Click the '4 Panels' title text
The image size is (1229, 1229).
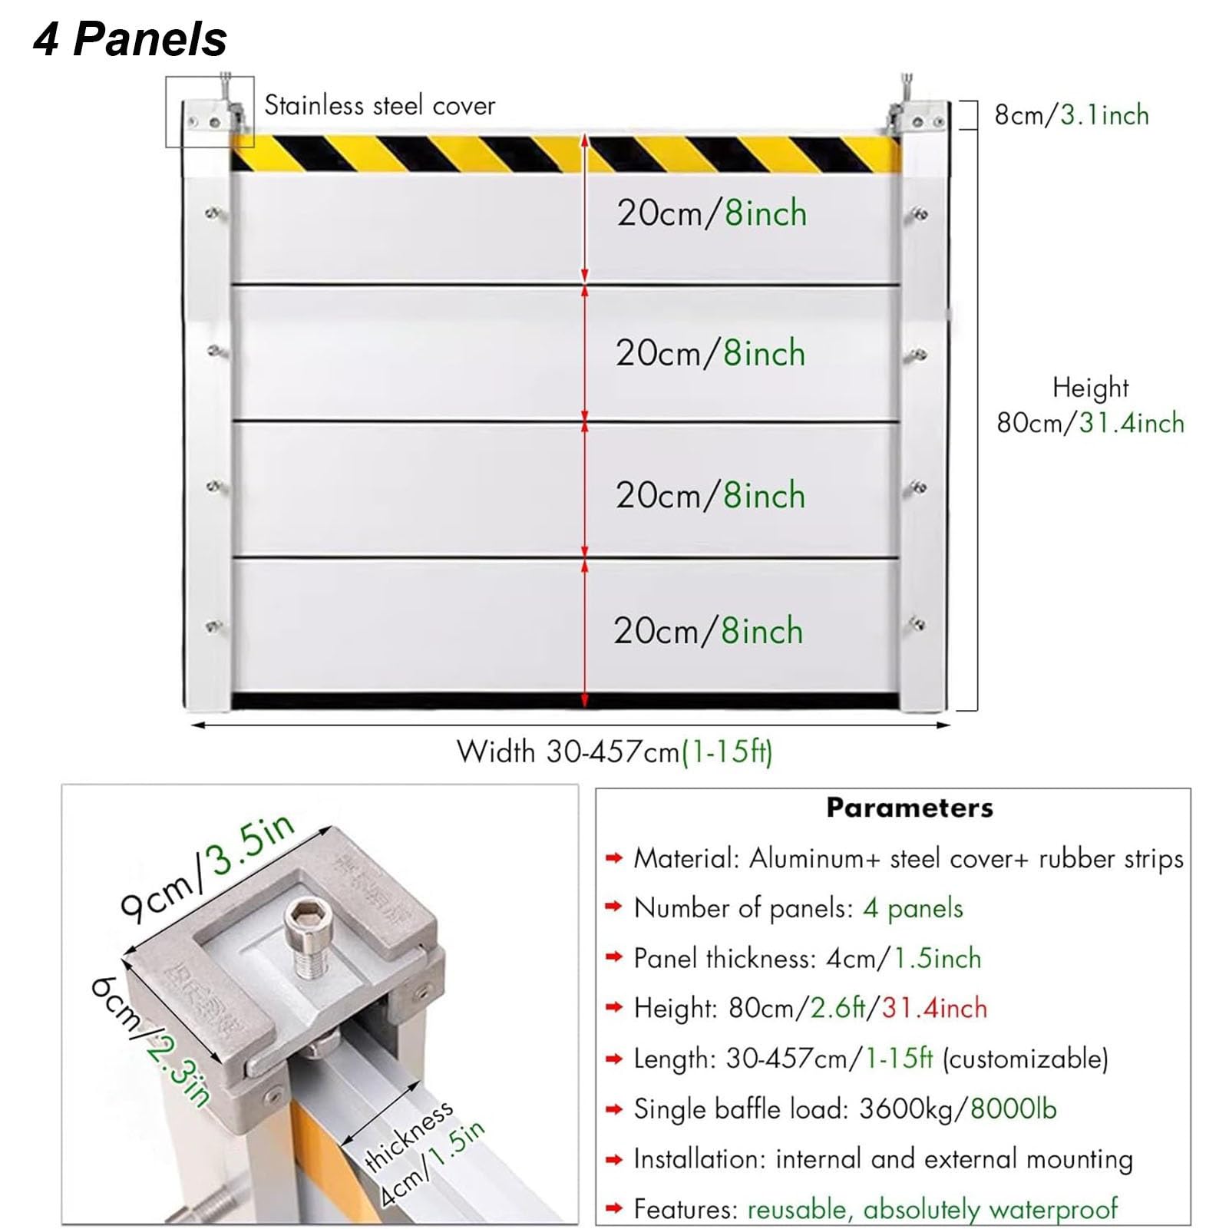coord(130,39)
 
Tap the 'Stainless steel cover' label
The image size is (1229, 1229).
coord(379,105)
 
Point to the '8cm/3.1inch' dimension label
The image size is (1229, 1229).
coord(1071,115)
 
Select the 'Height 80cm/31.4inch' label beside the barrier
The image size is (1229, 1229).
coord(1090,406)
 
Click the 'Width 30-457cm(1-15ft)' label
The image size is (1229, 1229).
coord(614,752)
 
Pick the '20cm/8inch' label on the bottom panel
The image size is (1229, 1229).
coord(708,631)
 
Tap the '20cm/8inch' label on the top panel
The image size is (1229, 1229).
coord(712,213)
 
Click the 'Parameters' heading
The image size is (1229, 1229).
coord(909,808)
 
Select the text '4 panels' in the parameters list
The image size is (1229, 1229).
coord(913,908)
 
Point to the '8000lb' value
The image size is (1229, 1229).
coord(1013,1108)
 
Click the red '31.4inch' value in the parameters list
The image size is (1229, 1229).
coord(934,1008)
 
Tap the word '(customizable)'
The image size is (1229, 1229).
coord(1025,1059)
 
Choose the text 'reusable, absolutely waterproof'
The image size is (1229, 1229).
coord(932,1209)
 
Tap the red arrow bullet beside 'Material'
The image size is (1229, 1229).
coord(613,858)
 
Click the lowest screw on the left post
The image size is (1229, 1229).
coord(213,626)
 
